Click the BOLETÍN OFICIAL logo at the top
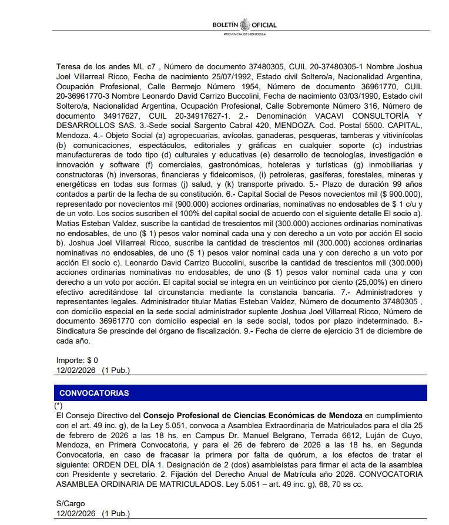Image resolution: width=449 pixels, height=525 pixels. tap(244, 25)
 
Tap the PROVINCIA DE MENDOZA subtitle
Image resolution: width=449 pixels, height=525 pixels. tap(244, 34)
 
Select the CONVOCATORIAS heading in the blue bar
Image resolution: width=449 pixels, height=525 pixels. tap(94, 393)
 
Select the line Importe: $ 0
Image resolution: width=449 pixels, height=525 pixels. tap(77, 360)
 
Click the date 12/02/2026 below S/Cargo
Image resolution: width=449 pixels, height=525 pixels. tap(76, 514)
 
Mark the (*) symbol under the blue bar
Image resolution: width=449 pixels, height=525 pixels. tap(58, 406)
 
